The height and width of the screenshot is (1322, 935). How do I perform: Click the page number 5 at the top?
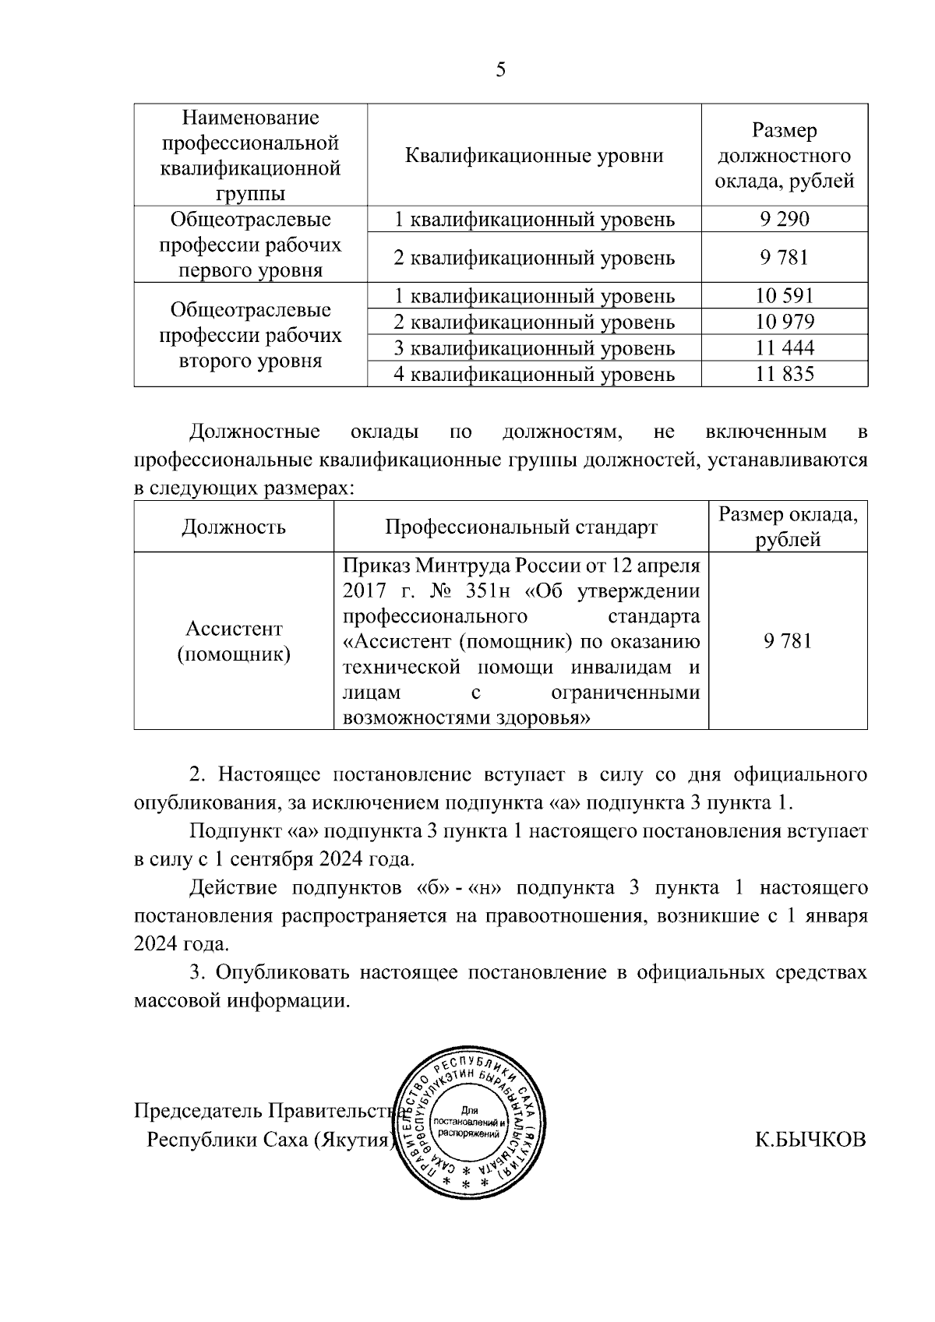[x=500, y=70]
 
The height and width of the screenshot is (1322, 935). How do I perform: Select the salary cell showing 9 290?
[x=785, y=219]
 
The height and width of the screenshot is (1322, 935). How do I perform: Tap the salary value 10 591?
[x=785, y=296]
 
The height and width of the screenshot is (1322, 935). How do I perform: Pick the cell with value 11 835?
[x=785, y=375]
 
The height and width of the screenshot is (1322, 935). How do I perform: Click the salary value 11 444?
[x=785, y=348]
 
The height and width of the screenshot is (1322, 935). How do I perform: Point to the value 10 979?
[x=785, y=322]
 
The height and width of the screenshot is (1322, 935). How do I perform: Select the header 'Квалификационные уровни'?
[x=534, y=155]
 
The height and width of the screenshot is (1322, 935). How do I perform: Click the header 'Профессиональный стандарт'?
[x=521, y=527]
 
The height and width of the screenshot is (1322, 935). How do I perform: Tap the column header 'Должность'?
[x=234, y=527]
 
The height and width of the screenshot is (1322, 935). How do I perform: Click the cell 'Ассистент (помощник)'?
[x=234, y=641]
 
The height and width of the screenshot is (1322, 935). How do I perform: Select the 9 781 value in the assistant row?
[x=788, y=641]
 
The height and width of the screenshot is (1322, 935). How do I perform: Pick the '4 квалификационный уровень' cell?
[x=534, y=375]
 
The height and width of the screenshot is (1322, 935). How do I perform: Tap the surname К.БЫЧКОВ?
[x=810, y=1140]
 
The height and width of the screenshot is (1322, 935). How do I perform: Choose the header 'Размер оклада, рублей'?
[x=788, y=527]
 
